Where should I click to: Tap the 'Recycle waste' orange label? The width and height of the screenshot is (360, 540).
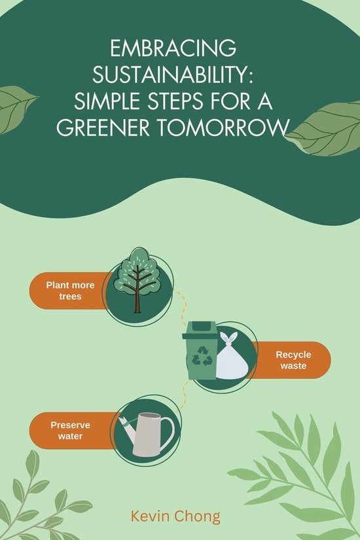pos(293,360)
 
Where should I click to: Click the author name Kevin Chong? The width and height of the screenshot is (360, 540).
pos(175,516)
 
